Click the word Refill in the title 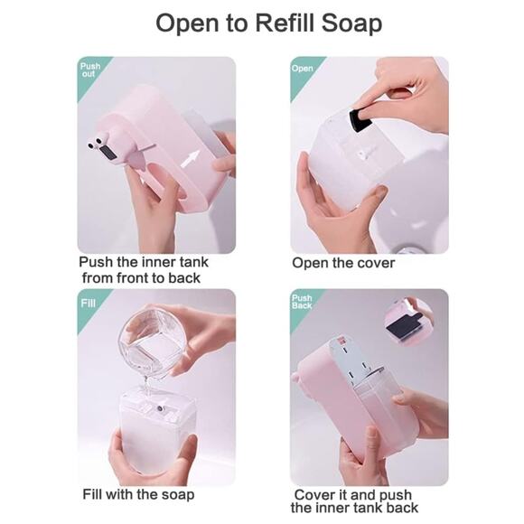[x=285, y=23]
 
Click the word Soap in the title [x=351, y=24]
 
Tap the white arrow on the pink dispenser [x=190, y=159]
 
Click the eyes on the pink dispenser [x=97, y=142]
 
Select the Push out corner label [x=90, y=70]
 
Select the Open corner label [x=302, y=68]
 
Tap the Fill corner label [x=88, y=303]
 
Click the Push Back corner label [x=302, y=302]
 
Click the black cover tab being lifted [x=360, y=119]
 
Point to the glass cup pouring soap [x=153, y=343]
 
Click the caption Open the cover [x=343, y=263]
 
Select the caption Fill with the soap [x=138, y=494]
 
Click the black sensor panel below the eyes [x=108, y=152]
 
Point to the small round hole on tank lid [x=161, y=408]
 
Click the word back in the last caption [x=403, y=508]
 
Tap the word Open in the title [x=188, y=24]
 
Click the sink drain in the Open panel [x=405, y=249]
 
